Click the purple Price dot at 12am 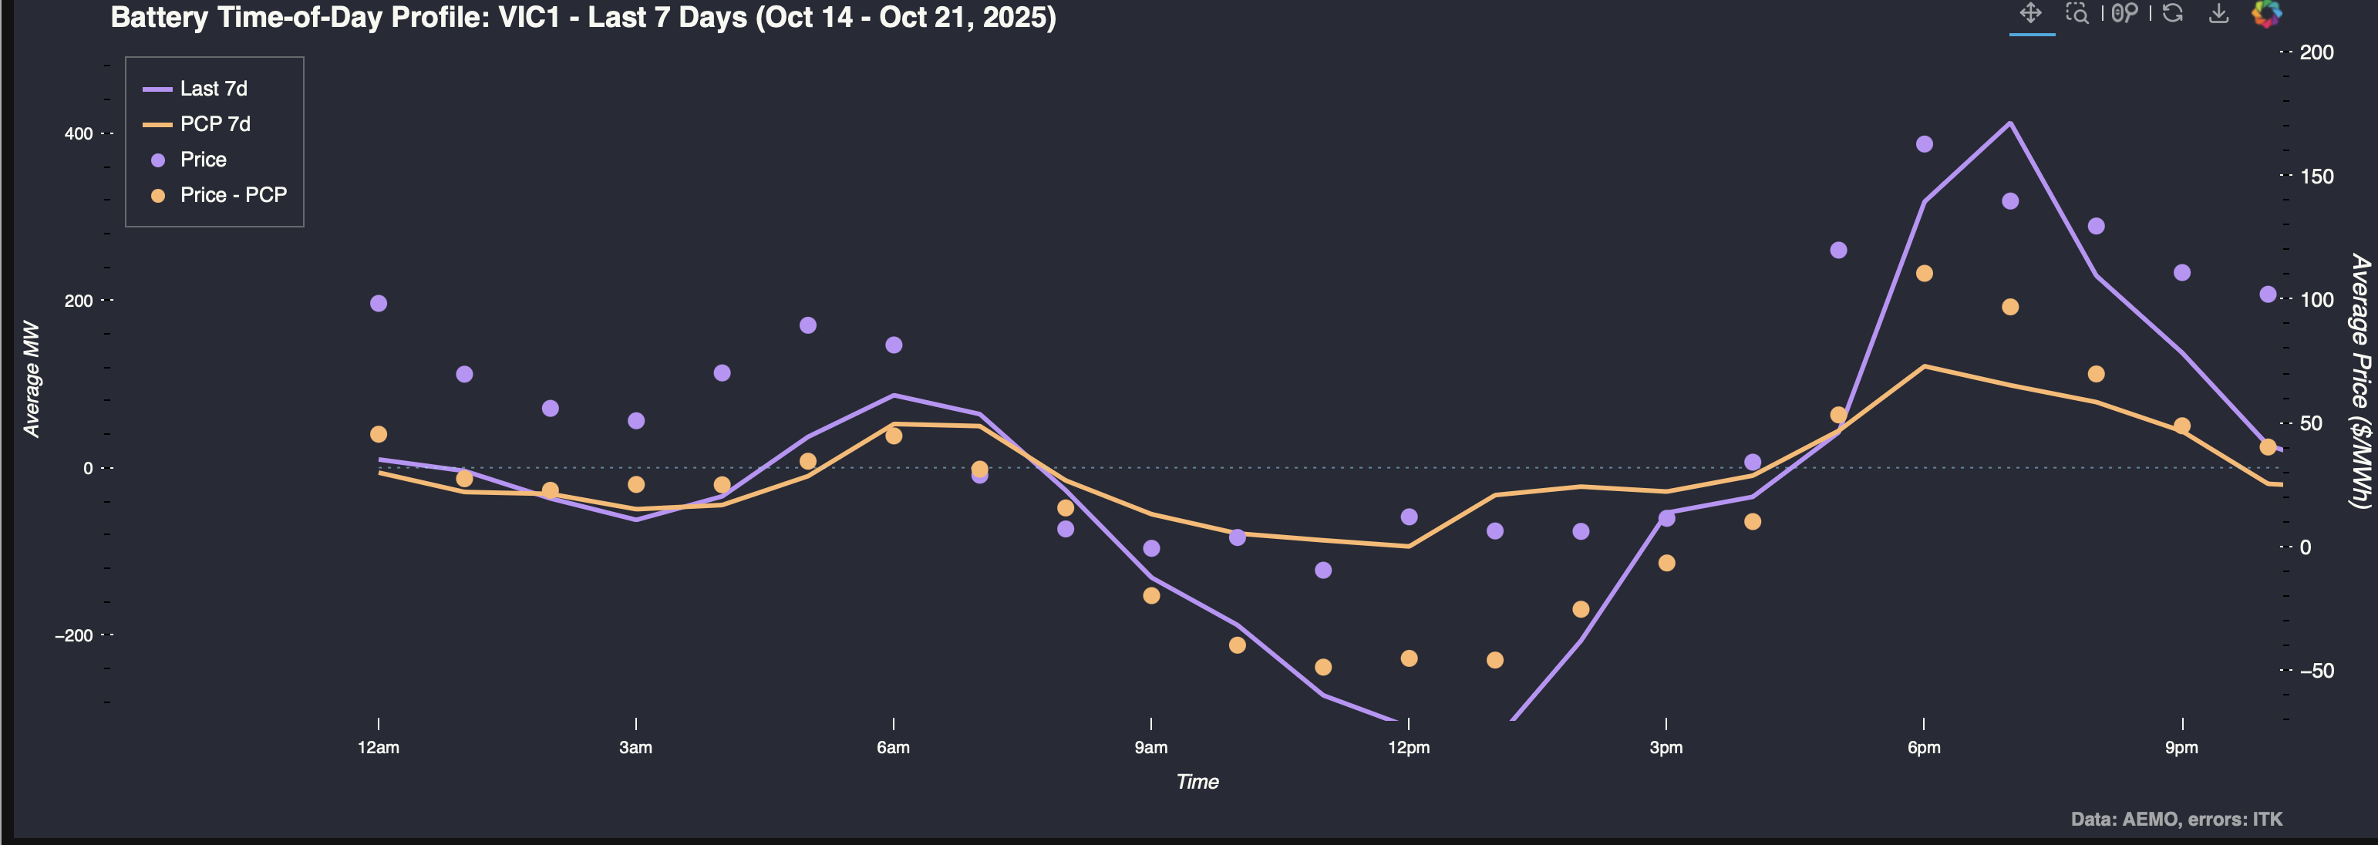pyautogui.click(x=379, y=304)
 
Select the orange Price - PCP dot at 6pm pyautogui.click(x=1924, y=274)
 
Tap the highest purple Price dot pyautogui.click(x=1924, y=144)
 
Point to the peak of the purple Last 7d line pyautogui.click(x=2009, y=123)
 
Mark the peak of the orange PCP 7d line pyautogui.click(x=1924, y=367)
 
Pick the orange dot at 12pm pyautogui.click(x=1409, y=658)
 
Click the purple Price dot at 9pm pyautogui.click(x=2181, y=272)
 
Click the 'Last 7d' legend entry pyautogui.click(x=214, y=89)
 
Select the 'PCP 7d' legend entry pyautogui.click(x=215, y=124)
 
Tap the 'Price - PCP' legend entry pyautogui.click(x=233, y=195)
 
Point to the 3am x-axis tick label pyautogui.click(x=635, y=747)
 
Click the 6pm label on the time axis pyautogui.click(x=1924, y=747)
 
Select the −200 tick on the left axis pyautogui.click(x=74, y=635)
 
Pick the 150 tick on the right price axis pyautogui.click(x=2316, y=177)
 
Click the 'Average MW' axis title pyautogui.click(x=32, y=379)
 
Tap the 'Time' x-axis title pyautogui.click(x=1197, y=781)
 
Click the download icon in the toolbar pyautogui.click(x=2218, y=13)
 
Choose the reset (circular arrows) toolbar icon pyautogui.click(x=2172, y=13)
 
